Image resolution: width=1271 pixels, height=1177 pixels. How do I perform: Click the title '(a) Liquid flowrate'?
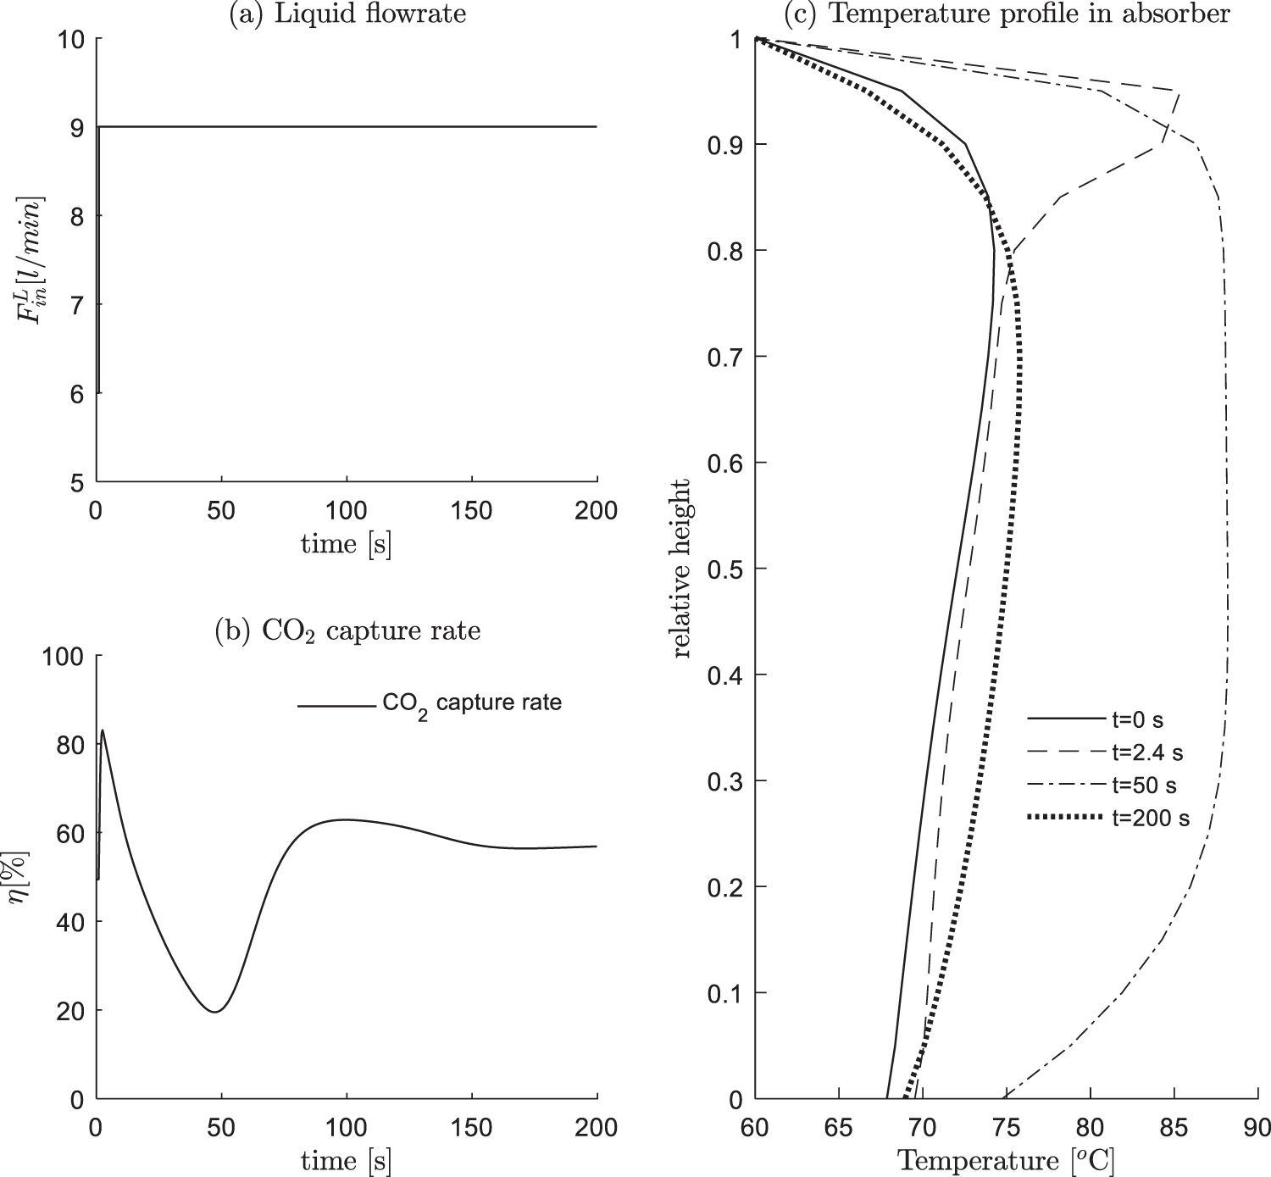point(347,14)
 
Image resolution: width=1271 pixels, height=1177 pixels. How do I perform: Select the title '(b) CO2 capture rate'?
point(347,630)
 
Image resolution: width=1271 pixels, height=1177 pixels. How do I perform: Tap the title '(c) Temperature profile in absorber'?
point(1007,14)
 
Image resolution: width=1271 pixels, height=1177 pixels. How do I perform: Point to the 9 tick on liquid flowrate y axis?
point(76,128)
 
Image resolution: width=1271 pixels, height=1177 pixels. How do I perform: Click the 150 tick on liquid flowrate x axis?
point(472,511)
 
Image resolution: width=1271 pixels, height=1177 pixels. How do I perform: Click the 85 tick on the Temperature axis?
point(1174,1128)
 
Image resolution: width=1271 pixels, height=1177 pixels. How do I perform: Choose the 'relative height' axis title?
point(682,569)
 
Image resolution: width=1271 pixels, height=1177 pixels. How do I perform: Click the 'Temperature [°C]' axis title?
point(1006,1160)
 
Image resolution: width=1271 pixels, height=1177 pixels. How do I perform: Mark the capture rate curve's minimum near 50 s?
point(215,1012)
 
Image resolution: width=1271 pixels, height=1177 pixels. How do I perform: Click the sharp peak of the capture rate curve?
point(103,730)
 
